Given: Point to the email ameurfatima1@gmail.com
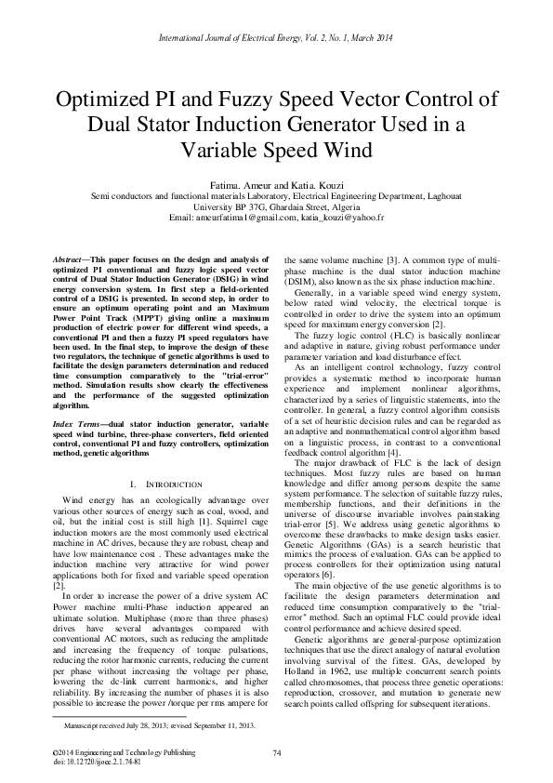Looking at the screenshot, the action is click(247, 217).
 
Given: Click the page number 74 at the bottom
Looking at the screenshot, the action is click(277, 751).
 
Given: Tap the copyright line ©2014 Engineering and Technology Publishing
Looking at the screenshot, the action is click(112, 751).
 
